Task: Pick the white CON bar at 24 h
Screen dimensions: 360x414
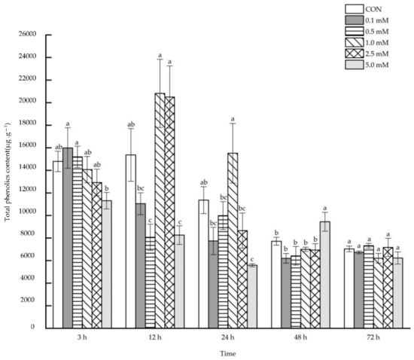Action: (x=203, y=264)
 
